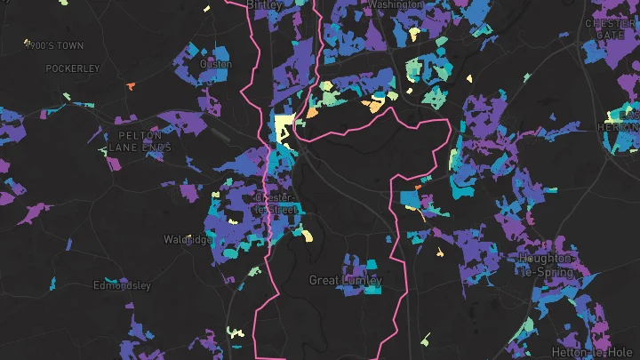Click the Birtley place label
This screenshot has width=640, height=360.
264,4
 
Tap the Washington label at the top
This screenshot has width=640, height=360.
395,4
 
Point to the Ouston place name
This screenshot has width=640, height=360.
216,64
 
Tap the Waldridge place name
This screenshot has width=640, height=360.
188,240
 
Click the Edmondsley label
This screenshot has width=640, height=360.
122,286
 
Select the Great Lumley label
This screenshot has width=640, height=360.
345,281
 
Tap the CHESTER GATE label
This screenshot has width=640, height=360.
610,28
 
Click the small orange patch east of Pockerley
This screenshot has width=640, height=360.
130,86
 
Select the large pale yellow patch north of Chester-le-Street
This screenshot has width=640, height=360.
284,127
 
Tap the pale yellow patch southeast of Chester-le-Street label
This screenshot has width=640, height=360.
308,236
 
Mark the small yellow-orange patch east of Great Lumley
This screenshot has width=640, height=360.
439,252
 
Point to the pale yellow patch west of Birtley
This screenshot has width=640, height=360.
206,9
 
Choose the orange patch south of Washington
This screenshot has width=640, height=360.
374,107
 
